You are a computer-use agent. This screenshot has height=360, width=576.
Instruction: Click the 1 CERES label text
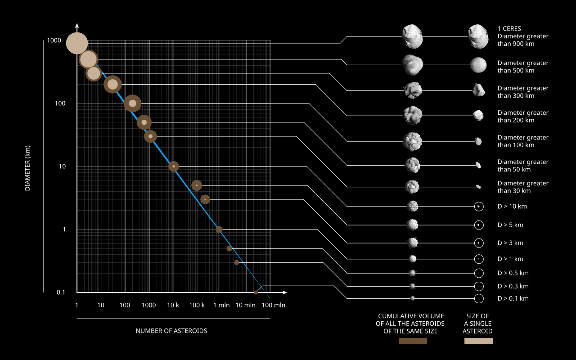509,28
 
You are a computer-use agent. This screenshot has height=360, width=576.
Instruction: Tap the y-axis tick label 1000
54,40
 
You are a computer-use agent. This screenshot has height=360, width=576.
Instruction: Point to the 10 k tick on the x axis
173,305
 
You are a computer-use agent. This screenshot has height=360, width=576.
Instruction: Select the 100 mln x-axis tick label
274,305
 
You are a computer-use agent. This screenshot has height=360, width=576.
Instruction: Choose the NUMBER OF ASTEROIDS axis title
171,331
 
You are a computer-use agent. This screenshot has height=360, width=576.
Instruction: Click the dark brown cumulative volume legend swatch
413,341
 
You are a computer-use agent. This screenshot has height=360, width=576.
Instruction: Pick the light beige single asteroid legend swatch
478,341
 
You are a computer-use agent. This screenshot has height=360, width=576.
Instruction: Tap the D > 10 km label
512,207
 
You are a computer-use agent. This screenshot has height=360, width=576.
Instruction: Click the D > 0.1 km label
513,298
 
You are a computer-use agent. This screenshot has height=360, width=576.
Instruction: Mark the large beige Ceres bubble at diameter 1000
77,43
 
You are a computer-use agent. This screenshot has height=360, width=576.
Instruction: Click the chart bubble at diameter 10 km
174,166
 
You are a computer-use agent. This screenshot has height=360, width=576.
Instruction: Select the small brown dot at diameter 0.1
256,292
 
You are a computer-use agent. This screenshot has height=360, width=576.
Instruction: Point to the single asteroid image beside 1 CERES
478,36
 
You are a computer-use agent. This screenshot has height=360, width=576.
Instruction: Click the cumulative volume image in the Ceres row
413,36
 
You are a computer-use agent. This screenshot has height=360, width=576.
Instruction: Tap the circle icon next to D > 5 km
479,225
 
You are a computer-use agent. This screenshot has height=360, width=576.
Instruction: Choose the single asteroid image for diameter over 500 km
478,65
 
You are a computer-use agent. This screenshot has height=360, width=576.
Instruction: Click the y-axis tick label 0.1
61,292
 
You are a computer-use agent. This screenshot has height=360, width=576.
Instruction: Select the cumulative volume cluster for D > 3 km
413,243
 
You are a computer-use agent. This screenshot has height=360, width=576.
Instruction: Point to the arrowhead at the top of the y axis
77,25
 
